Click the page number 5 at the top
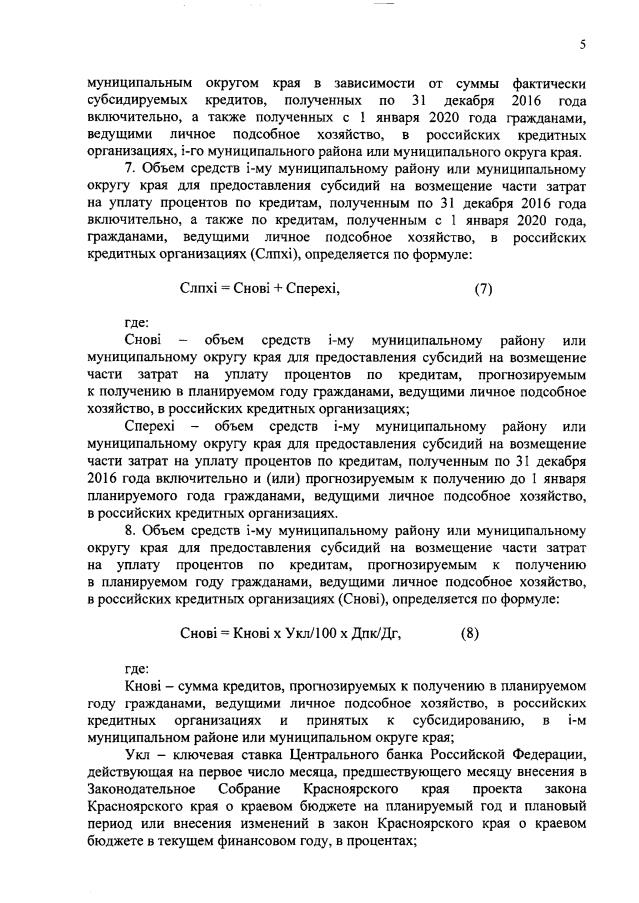[582, 43]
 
